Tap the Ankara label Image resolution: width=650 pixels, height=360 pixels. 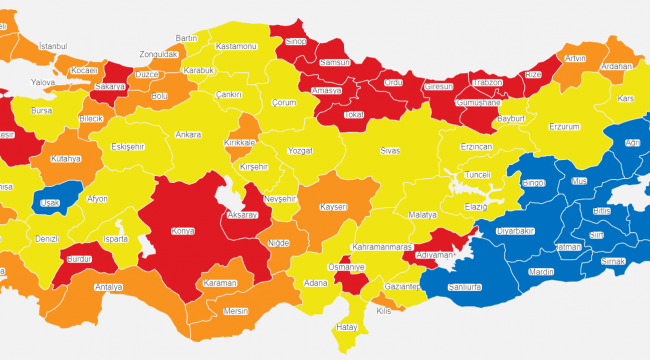tap(188, 134)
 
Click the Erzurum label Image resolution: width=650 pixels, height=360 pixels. tap(564, 127)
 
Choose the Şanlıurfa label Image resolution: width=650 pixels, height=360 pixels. tap(463, 286)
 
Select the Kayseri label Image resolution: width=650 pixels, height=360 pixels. tap(333, 207)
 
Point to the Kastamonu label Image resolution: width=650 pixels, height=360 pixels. tap(238, 47)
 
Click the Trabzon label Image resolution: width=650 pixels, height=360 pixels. tap(487, 83)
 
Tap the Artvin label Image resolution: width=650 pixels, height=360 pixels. tap(575, 59)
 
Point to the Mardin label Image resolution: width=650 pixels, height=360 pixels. tap(540, 271)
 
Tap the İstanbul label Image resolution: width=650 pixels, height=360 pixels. tap(51, 46)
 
